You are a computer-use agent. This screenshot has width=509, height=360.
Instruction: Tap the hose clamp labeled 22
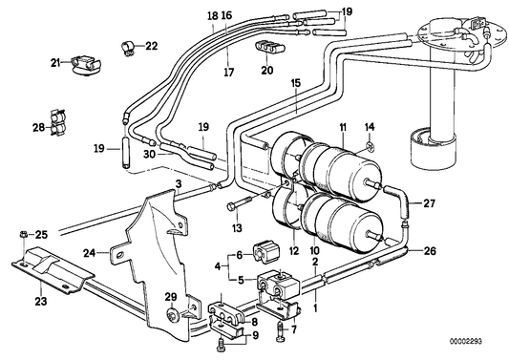click(x=124, y=44)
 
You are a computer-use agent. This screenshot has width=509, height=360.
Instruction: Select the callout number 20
click(x=266, y=70)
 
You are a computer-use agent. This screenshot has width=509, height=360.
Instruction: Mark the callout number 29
click(x=172, y=297)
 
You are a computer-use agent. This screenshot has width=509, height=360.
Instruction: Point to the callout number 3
click(x=178, y=182)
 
